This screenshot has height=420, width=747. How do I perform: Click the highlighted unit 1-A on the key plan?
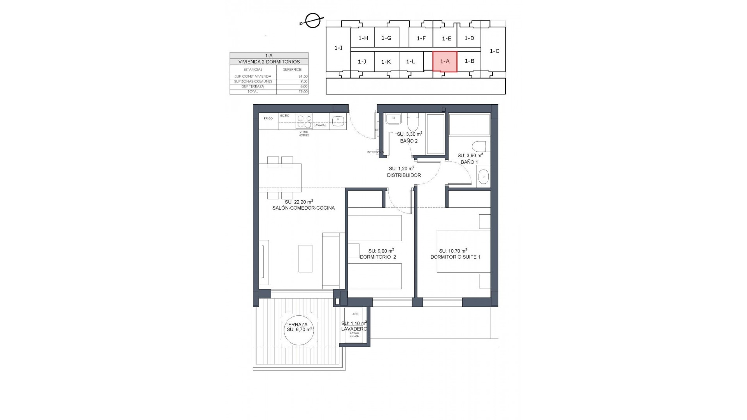[445, 61]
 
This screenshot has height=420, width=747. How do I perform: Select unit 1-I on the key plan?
[338, 48]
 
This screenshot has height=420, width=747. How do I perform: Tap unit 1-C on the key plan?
[494, 51]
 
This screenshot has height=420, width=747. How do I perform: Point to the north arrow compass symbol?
[313, 21]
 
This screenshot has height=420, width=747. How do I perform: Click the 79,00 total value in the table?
[303, 92]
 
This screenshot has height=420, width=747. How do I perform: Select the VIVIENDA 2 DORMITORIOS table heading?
[269, 62]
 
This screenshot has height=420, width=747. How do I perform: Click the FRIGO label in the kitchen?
[268, 118]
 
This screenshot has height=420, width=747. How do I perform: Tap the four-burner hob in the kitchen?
[304, 121]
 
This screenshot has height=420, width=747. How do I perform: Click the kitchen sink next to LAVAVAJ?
[338, 121]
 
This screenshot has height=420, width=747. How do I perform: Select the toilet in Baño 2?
[412, 124]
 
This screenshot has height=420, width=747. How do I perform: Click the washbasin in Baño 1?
[483, 177]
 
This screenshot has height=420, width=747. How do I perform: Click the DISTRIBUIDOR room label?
[403, 175]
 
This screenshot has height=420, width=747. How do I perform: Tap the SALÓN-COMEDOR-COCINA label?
[303, 208]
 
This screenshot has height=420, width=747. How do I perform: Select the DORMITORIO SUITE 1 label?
[455, 257]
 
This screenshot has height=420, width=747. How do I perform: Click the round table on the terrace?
[298, 330]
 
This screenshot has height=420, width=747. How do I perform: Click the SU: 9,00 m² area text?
[381, 251]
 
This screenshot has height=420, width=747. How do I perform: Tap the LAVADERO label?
[354, 329]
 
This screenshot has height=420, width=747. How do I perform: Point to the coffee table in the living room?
[305, 258]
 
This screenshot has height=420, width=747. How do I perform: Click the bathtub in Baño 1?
[469, 124]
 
